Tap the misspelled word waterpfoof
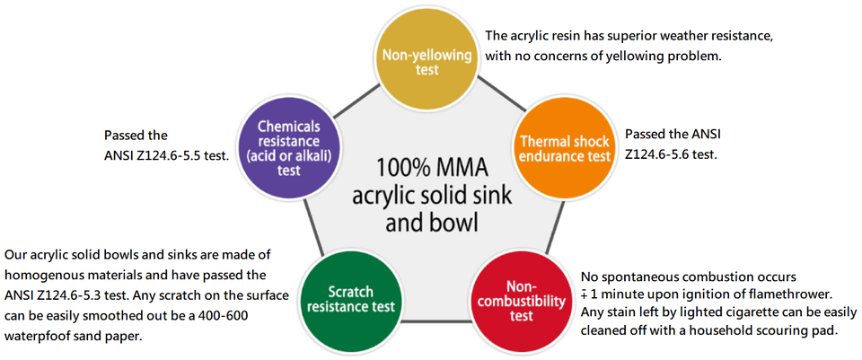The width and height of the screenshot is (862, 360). click(x=41, y=337)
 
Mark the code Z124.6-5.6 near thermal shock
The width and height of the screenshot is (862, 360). click(x=659, y=154)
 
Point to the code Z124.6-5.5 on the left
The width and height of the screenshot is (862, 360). click(x=173, y=156)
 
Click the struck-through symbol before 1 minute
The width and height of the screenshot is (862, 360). click(x=585, y=294)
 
